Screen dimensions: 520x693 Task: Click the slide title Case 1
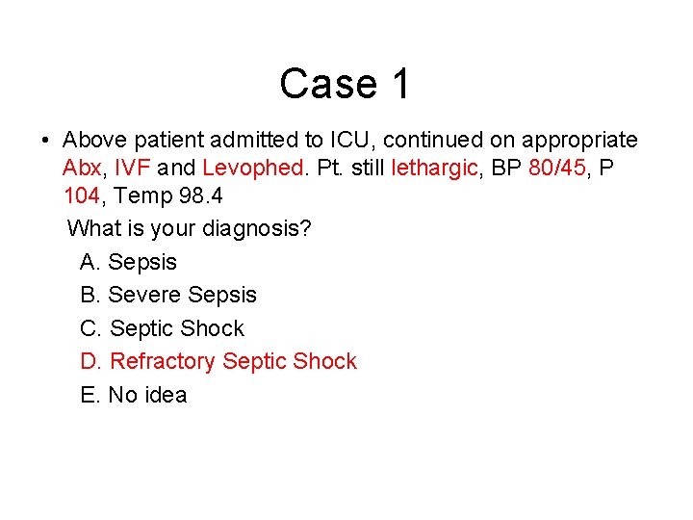tap(345, 84)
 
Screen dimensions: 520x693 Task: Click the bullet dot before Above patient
tap(45, 141)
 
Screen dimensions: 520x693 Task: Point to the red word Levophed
tap(253, 168)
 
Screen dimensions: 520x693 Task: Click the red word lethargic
tap(434, 168)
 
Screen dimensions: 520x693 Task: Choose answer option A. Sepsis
tap(129, 262)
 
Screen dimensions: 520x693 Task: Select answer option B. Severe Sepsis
tap(168, 295)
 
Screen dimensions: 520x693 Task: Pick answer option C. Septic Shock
tap(163, 328)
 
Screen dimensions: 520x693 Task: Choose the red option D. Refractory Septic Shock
tap(218, 361)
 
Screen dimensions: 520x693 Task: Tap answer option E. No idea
tap(134, 395)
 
